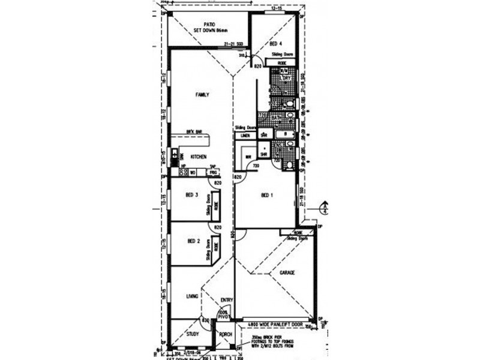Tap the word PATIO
click(x=209, y=23)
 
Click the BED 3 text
click(x=192, y=194)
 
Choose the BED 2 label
click(x=193, y=241)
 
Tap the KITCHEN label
click(x=199, y=157)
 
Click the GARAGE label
click(x=287, y=273)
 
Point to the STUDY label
click(x=193, y=334)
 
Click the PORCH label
click(x=226, y=335)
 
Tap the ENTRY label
click(x=226, y=300)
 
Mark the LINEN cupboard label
click(x=245, y=136)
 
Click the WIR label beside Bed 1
click(x=248, y=158)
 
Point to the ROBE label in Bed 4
click(x=282, y=62)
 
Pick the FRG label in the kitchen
click(x=212, y=172)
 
